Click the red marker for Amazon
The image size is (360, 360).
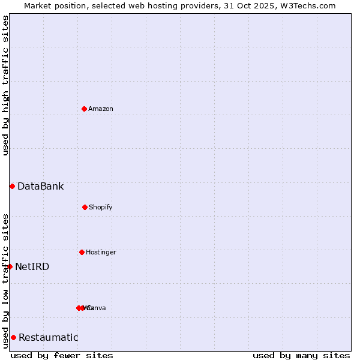(x=84, y=109)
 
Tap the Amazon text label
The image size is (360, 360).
(x=101, y=109)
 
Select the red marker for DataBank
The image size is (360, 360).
(x=12, y=186)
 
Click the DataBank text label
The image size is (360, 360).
(x=40, y=186)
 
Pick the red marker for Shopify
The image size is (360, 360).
(x=85, y=207)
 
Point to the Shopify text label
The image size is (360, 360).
(x=101, y=207)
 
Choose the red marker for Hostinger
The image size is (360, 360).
(x=82, y=252)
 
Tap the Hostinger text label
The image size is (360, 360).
(x=101, y=252)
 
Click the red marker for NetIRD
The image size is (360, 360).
(x=10, y=266)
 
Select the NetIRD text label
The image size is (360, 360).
(x=32, y=266)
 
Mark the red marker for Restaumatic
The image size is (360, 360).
(x=13, y=337)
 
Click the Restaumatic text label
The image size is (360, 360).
(x=49, y=337)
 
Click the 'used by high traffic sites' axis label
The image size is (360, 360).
(x=5, y=85)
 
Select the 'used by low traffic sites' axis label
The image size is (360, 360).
(x=5, y=280)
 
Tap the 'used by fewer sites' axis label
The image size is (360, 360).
(x=62, y=355)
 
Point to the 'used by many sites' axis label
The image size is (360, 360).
(x=301, y=355)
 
